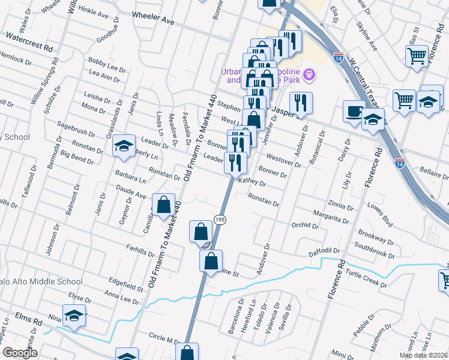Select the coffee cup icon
[354, 111]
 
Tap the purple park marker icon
[310, 74]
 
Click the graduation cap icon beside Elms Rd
[74, 315]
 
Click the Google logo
[20, 353]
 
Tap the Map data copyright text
[423, 355]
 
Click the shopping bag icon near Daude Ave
[163, 205]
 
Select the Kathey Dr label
[252, 181]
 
